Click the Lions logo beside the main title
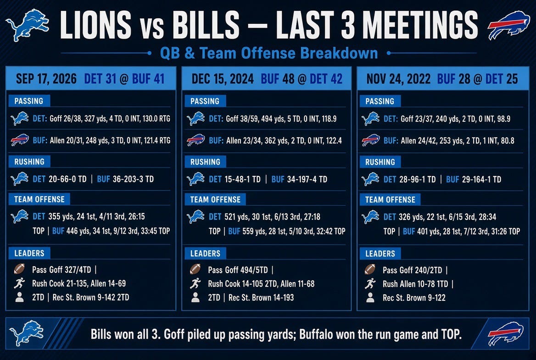28,25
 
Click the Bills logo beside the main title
508,25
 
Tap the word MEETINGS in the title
420,25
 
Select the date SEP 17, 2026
46,79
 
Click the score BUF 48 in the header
277,79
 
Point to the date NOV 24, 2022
398,79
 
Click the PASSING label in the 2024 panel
205,101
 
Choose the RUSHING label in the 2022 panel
380,162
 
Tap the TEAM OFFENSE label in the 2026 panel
39,199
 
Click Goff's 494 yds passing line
273,119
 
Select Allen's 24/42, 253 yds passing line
449,141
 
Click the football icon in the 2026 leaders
19,269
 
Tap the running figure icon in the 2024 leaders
195,283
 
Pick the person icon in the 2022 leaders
370,298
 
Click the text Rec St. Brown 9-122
414,298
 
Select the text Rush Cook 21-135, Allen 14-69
79,283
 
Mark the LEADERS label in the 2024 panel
205,253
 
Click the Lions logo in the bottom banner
26,333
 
